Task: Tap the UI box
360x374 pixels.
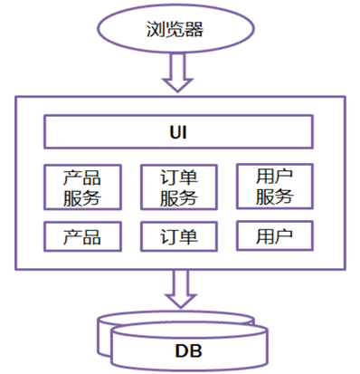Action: pyautogui.click(x=179, y=134)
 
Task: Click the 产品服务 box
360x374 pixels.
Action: pyautogui.click(x=81, y=187)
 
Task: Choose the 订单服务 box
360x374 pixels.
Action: pyautogui.click(x=179, y=187)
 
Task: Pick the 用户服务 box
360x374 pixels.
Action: pyautogui.click(x=274, y=185)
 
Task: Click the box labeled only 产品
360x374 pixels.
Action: pyautogui.click(x=81, y=236)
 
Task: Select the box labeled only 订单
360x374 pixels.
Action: pyautogui.click(x=179, y=236)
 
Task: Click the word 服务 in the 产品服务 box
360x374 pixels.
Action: pyautogui.click(x=81, y=197)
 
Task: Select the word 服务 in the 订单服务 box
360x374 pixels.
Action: pyautogui.click(x=179, y=197)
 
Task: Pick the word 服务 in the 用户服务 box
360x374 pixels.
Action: pyautogui.click(x=274, y=196)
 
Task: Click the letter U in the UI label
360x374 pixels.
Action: pyautogui.click(x=175, y=134)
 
